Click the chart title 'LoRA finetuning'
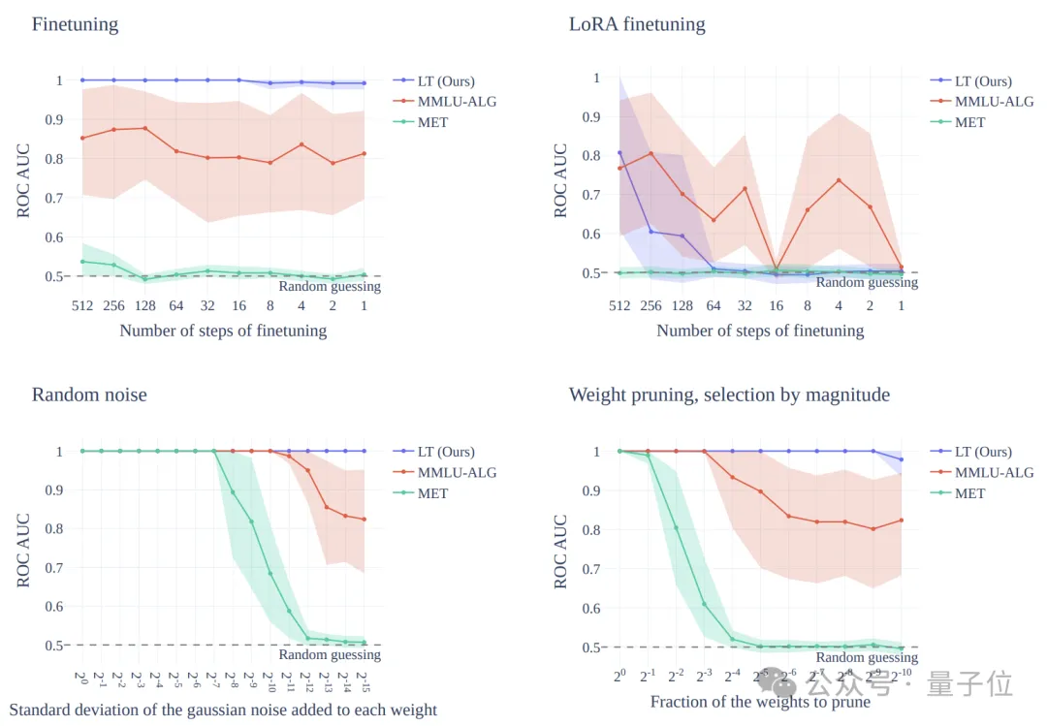pos(637,24)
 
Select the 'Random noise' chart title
pos(89,395)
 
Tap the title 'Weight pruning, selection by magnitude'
pos(729,395)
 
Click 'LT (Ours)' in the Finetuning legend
pos(445,80)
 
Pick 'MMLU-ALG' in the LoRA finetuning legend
pos(994,101)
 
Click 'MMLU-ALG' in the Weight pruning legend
pos(994,472)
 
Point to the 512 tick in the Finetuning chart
pos(81,305)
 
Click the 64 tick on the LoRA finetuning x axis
pos(713,305)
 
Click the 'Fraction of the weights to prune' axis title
pos(760,702)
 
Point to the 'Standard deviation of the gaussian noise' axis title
pos(223,710)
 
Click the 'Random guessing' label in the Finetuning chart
pos(330,286)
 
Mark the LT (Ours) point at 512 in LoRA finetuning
pos(619,153)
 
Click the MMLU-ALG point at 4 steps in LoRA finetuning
pos(839,180)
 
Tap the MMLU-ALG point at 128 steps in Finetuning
pos(144,128)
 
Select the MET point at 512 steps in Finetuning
pos(81,262)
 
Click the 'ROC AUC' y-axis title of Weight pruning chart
pos(560,551)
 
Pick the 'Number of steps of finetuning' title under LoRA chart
pos(760,331)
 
